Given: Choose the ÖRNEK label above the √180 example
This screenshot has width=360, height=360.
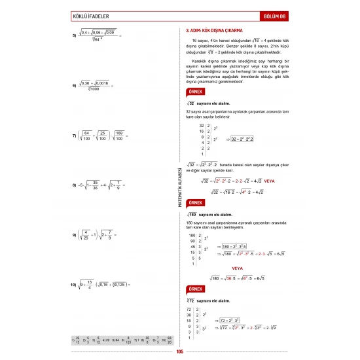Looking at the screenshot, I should pyautogui.click(x=194, y=204).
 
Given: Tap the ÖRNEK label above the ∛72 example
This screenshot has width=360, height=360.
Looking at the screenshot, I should pyautogui.click(x=194, y=289).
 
